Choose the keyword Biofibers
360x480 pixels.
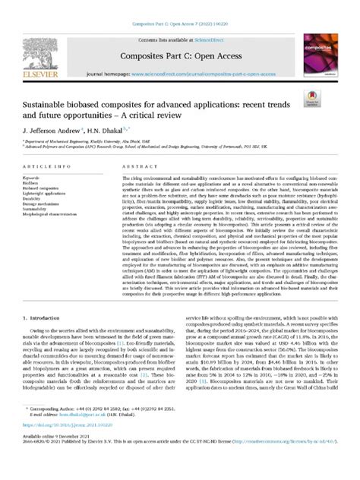(33, 183)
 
